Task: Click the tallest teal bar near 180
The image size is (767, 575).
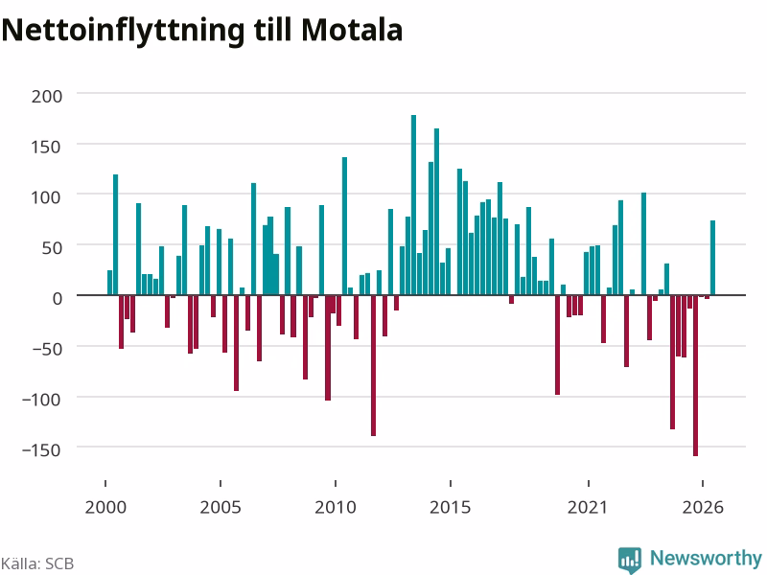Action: point(413,205)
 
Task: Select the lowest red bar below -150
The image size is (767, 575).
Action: point(696,376)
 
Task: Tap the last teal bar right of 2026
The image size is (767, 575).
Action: point(712,258)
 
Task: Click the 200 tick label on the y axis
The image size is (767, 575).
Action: point(47,97)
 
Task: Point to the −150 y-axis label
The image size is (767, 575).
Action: point(41,449)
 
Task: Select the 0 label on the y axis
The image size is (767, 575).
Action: point(58,298)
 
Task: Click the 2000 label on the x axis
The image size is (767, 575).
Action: point(105,507)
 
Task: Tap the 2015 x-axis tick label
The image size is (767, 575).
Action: point(450,507)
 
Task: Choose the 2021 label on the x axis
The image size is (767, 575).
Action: point(588,507)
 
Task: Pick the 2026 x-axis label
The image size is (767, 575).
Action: point(703,507)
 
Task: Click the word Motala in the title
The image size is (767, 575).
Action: point(352,31)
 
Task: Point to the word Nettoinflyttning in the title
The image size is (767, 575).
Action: point(123,32)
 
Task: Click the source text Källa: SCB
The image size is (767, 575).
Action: point(37,563)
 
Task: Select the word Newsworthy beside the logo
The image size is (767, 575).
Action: point(706,558)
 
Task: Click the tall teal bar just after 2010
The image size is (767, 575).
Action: point(344,226)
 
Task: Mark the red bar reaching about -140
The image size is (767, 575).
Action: point(373,365)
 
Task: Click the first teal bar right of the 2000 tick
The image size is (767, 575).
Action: point(109,283)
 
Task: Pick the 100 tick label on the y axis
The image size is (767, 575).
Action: point(47,197)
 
